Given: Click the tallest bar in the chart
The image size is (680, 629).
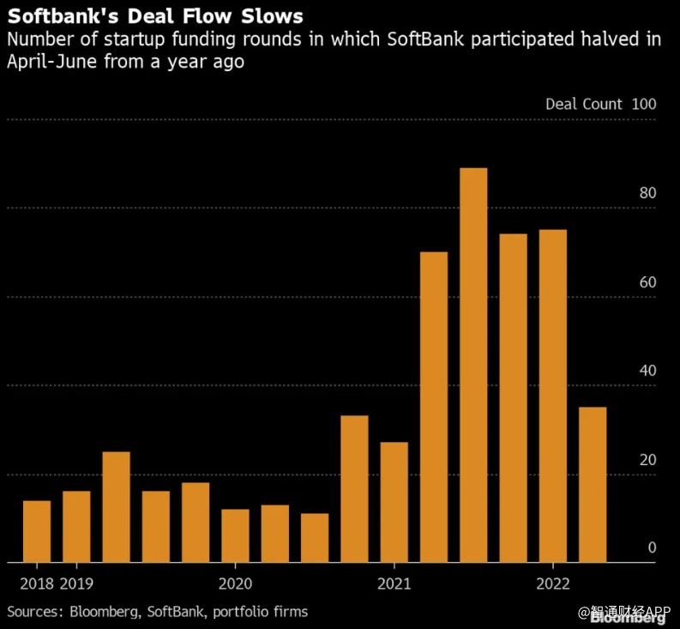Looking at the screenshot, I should coord(473,365).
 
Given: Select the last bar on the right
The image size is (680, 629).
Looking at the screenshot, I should coord(593,485).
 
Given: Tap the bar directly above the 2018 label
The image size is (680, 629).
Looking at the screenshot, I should coord(37,531).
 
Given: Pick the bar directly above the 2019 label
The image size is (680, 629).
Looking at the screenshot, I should coord(76,527).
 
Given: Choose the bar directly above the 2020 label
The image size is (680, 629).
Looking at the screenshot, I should coord(235,536).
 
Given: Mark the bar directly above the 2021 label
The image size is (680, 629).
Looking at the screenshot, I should coord(394,502).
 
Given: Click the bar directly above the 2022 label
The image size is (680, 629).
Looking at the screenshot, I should coord(553,396).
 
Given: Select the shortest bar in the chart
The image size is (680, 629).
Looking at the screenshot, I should coord(315,538).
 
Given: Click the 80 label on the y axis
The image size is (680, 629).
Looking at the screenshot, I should coord(647,193).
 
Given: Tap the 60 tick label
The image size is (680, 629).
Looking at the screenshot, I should coord(647,282).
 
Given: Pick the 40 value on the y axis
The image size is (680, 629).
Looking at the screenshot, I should coord(647,371).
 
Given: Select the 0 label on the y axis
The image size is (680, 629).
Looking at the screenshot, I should coord(652,548).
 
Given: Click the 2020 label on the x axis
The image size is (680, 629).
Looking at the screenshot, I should coord(235,584).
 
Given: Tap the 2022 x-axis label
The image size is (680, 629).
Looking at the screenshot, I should coord(553,584).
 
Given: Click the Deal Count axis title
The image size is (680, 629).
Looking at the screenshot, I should coord(584,104).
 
